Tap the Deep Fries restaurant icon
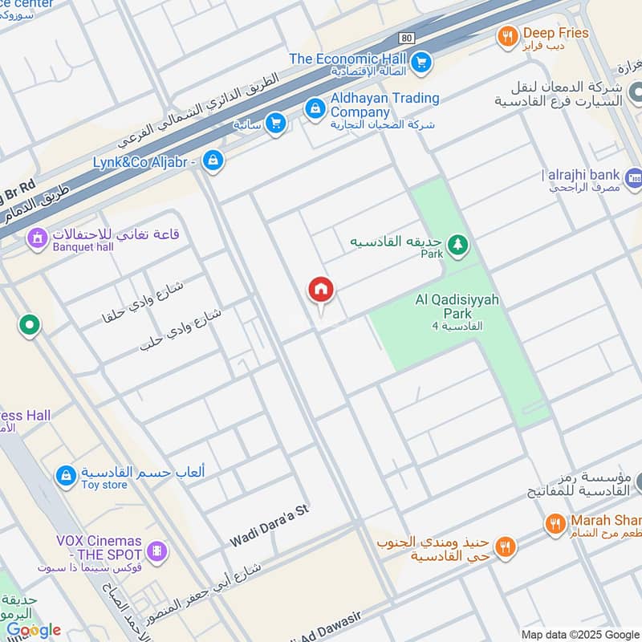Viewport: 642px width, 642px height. tap(506, 36)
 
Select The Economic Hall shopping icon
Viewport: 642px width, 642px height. tap(421, 61)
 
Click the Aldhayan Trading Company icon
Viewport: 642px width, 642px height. tap(315, 108)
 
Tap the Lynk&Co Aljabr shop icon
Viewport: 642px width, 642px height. tap(213, 160)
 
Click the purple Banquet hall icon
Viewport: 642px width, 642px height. tap(37, 238)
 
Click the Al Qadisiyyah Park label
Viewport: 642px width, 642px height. tap(457, 307)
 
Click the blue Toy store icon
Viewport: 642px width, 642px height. tap(65, 476)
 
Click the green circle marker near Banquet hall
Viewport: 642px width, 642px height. tap(30, 326)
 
